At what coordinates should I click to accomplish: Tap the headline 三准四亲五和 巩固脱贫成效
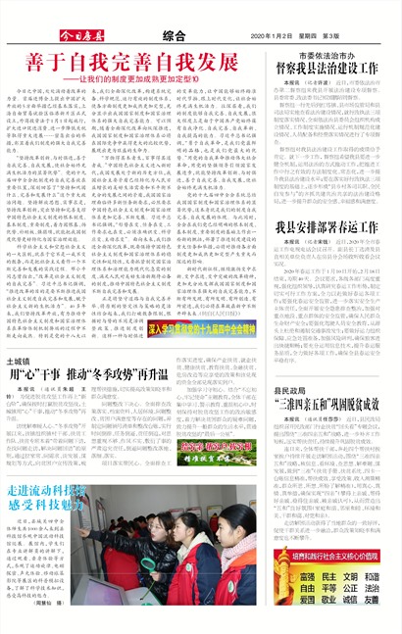pyautogui.click(x=333, y=403)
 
